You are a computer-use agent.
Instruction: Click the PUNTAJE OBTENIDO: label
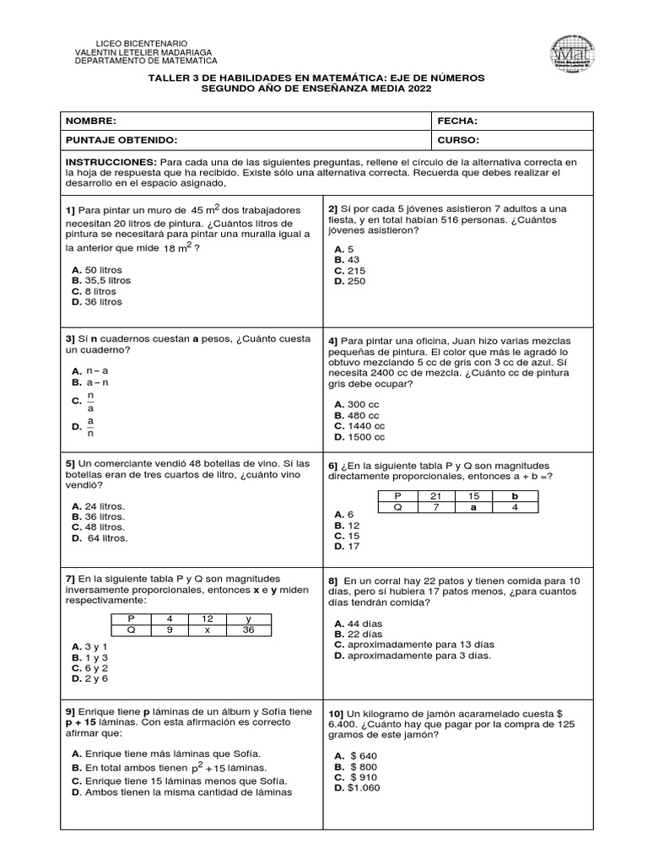click(121, 140)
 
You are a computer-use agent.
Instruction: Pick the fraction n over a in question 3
click(91, 402)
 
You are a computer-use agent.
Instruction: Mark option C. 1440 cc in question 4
click(359, 427)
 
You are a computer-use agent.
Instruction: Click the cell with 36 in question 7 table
click(249, 629)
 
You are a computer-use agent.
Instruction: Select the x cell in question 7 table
click(208, 629)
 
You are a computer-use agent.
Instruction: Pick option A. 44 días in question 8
click(358, 623)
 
